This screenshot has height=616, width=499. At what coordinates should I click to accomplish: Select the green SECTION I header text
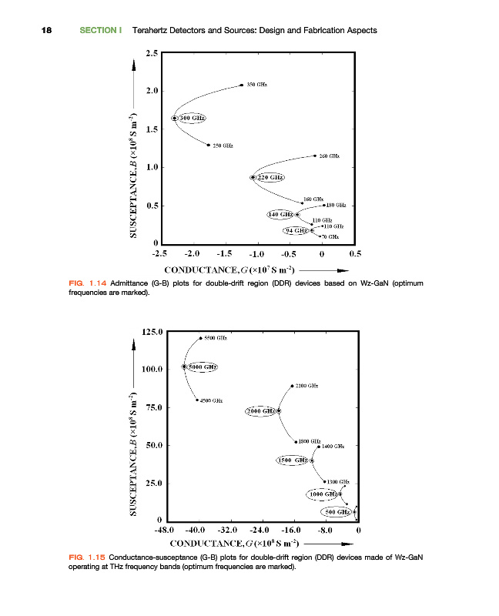tap(102, 30)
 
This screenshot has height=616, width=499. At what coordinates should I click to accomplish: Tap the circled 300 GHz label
tap(193, 118)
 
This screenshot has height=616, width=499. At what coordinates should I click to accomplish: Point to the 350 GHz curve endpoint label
tap(257, 85)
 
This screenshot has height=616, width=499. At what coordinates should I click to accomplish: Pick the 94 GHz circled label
tap(296, 230)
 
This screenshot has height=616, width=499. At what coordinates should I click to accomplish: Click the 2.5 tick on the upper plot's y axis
tap(151, 53)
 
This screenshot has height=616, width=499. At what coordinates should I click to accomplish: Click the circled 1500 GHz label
tap(293, 460)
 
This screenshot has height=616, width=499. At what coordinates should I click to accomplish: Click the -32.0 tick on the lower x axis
tap(229, 531)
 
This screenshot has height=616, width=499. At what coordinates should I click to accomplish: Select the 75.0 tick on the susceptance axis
tap(149, 407)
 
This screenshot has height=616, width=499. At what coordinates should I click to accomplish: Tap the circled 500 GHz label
tap(337, 511)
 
